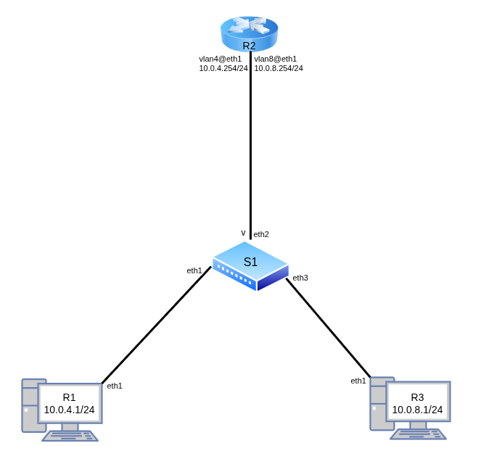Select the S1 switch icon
tap(250, 265)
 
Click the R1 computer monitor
tap(70, 404)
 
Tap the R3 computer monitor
tap(418, 404)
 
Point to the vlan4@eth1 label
tap(221, 59)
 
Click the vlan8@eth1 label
tap(276, 59)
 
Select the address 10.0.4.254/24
tap(223, 68)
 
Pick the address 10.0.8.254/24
tap(279, 68)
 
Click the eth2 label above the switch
tap(261, 234)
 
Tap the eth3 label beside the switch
tap(300, 278)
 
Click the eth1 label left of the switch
tap(194, 270)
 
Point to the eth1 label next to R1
tap(115, 386)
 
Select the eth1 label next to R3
tap(358, 381)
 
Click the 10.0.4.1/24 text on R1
tap(70, 410)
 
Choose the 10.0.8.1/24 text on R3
tap(418, 410)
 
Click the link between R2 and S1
tap(250, 145)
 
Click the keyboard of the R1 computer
tap(70, 436)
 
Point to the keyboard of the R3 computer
tap(418, 434)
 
